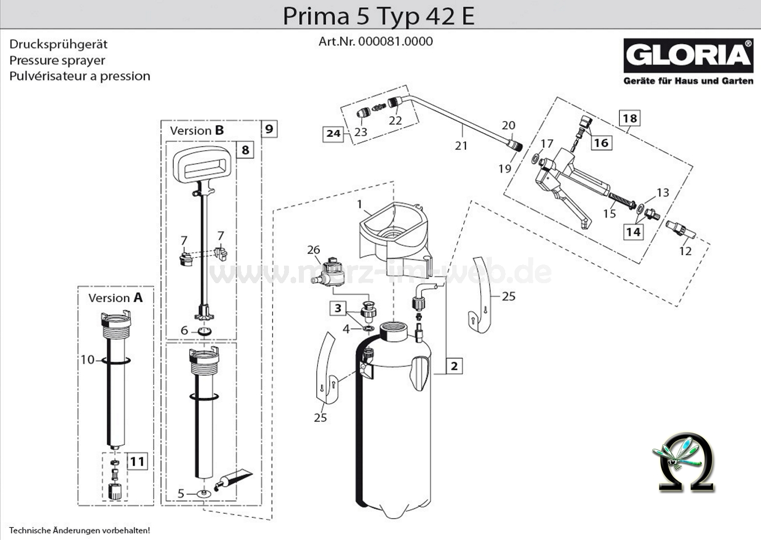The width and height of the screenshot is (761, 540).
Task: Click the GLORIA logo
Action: click(x=688, y=56)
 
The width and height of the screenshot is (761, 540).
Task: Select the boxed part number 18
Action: click(x=630, y=118)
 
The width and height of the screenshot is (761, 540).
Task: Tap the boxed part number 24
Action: click(x=333, y=133)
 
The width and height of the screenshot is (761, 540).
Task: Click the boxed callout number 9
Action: click(x=269, y=129)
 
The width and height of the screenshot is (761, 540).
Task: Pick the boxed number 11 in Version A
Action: click(x=137, y=461)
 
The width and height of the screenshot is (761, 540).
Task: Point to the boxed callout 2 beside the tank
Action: click(x=454, y=366)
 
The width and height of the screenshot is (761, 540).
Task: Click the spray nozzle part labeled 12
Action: click(x=679, y=229)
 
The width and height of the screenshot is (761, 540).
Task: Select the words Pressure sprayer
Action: click(x=57, y=60)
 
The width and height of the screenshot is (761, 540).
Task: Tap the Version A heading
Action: click(x=115, y=298)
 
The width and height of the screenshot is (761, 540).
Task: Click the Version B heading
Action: click(x=197, y=131)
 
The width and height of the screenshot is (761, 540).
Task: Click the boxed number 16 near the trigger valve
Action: click(x=601, y=143)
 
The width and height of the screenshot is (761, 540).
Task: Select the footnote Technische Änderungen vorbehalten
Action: click(x=79, y=531)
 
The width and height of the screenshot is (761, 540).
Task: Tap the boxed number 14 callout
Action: click(x=633, y=231)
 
